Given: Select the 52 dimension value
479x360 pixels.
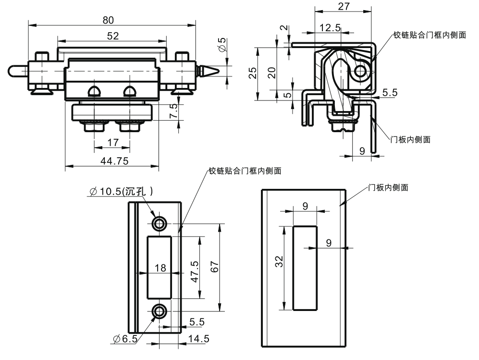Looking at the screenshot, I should [x=112, y=36].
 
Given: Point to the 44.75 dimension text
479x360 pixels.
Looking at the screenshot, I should [x=114, y=161].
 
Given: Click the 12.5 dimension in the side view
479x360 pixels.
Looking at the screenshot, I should [x=330, y=28].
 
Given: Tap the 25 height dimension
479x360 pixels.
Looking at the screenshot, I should [x=253, y=73].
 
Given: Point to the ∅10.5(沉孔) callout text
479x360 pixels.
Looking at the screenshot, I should [x=121, y=192].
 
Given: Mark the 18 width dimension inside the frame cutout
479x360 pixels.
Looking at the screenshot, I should [x=160, y=268].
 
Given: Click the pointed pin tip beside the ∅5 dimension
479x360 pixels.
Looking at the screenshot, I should [x=210, y=71].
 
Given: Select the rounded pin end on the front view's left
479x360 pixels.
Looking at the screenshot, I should [x=14, y=71].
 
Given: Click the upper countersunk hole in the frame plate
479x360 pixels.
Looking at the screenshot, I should [x=159, y=223].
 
